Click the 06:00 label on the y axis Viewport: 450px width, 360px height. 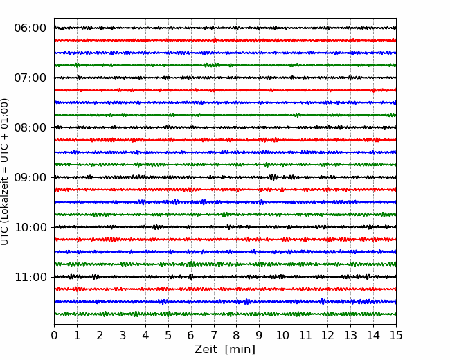pyautogui.click(x=30, y=28)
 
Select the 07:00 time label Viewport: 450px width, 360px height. pyautogui.click(x=30, y=78)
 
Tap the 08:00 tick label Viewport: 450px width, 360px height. pyautogui.click(x=30, y=127)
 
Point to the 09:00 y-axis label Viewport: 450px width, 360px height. pyautogui.click(x=30, y=177)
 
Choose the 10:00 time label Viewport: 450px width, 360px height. pyautogui.click(x=30, y=227)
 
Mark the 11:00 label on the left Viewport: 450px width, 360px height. pyautogui.click(x=30, y=277)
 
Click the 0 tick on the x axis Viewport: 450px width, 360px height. pyautogui.click(x=54, y=335)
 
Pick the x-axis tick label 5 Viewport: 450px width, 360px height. pyautogui.click(x=168, y=335)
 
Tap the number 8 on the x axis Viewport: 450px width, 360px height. pyautogui.click(x=237, y=335)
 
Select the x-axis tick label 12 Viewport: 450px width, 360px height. pyautogui.click(x=327, y=335)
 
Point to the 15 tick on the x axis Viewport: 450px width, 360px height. pyautogui.click(x=396, y=335)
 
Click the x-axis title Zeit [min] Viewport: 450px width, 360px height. pyautogui.click(x=225, y=350)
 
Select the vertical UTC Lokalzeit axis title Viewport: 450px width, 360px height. pyautogui.click(x=5, y=172)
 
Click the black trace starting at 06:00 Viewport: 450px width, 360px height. pyautogui.click(x=225, y=28)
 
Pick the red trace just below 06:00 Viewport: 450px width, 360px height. pyautogui.click(x=225, y=40)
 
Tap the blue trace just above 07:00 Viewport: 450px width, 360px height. pyautogui.click(x=225, y=53)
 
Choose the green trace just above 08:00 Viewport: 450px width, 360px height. pyautogui.click(x=225, y=115)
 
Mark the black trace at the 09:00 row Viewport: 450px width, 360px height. pyautogui.click(x=225, y=177)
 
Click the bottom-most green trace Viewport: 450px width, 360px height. pyautogui.click(x=225, y=314)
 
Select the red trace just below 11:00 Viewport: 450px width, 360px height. pyautogui.click(x=225, y=289)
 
